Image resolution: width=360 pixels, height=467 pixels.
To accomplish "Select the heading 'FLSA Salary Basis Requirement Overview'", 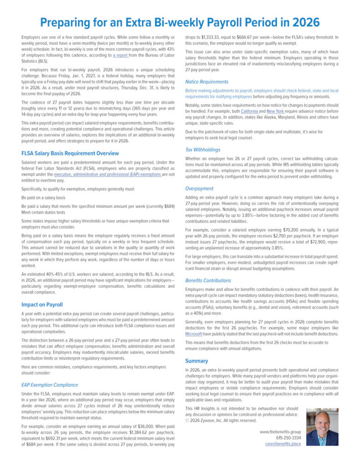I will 70,153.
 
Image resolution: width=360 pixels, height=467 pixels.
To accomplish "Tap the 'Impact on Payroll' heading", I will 42,304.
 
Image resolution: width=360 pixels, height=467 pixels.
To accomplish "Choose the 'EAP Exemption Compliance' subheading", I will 49,385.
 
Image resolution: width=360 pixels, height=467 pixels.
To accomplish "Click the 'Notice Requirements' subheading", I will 207,82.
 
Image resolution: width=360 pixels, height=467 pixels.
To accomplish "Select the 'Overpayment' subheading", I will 199,188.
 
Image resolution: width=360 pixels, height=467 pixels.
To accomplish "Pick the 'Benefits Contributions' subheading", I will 208,280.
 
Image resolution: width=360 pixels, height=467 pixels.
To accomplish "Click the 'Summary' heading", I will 197,361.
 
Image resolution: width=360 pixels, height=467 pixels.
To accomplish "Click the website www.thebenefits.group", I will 280,431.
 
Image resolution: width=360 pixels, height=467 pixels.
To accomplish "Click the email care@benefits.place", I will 283,444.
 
